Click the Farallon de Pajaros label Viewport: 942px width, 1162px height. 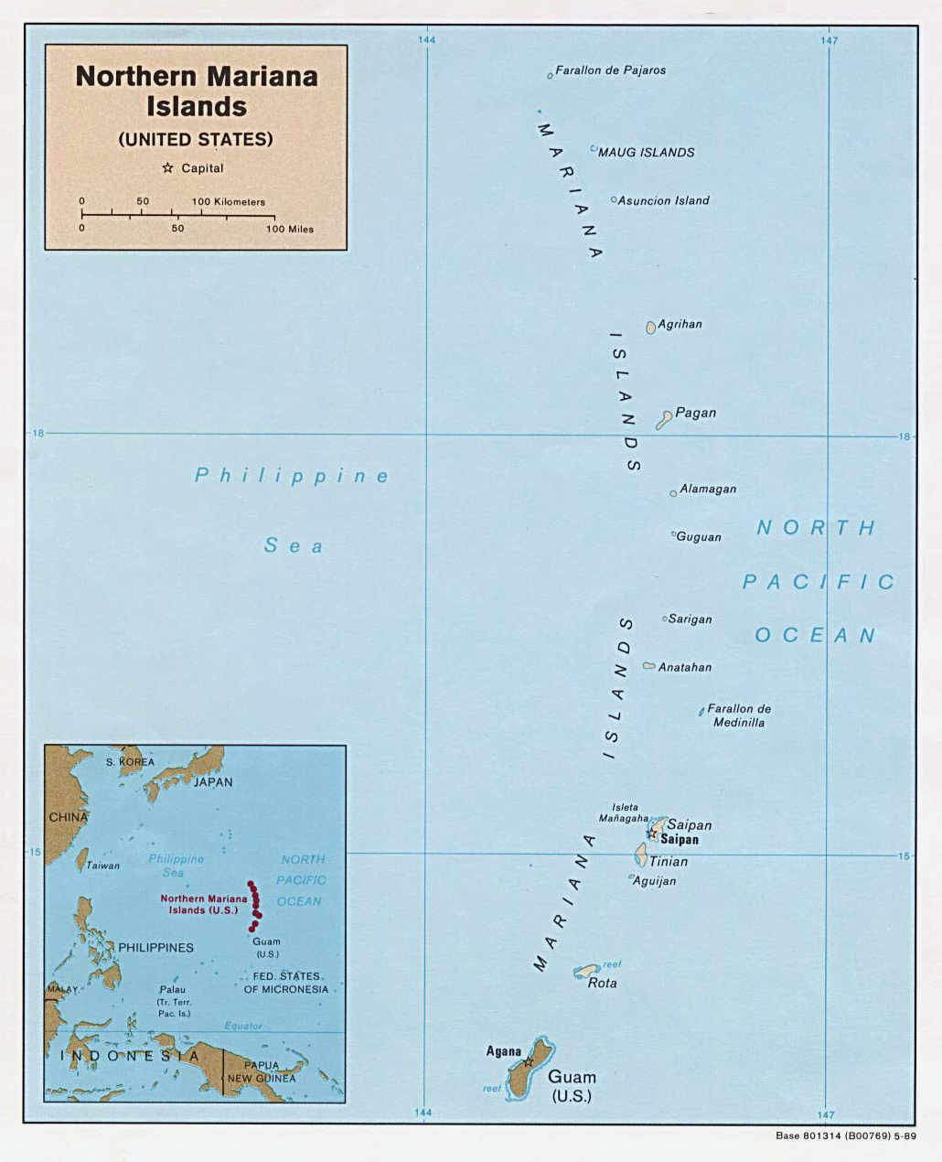pyautogui.click(x=610, y=70)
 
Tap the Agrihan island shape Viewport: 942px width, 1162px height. pyautogui.click(x=650, y=328)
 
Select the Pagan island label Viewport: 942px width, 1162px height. pyautogui.click(x=695, y=413)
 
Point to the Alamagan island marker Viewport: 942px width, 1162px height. pyautogui.click(x=673, y=493)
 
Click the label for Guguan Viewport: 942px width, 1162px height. pyautogui.click(x=699, y=537)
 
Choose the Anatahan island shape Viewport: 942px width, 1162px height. pyautogui.click(x=649, y=666)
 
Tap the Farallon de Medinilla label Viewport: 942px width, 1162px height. pyautogui.click(x=739, y=715)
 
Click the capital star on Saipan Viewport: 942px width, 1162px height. pyautogui.click(x=652, y=834)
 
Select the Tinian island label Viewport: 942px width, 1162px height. pyautogui.click(x=669, y=861)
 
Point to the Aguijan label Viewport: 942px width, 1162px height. pyautogui.click(x=655, y=881)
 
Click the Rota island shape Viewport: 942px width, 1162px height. pyautogui.click(x=585, y=971)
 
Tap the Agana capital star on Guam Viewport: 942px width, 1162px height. pyautogui.click(x=528, y=1062)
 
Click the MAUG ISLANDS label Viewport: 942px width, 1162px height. pyautogui.click(x=646, y=153)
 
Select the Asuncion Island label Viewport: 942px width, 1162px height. pyautogui.click(x=663, y=200)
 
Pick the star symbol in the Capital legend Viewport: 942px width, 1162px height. pyautogui.click(x=167, y=168)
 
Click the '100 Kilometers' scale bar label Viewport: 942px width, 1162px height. pyautogui.click(x=228, y=202)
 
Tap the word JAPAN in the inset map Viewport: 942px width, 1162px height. pyautogui.click(x=212, y=782)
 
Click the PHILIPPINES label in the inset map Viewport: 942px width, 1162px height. pyautogui.click(x=155, y=948)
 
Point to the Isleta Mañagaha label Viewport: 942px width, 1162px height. pyautogui.click(x=624, y=812)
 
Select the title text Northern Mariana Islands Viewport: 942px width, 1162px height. pyautogui.click(x=197, y=91)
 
